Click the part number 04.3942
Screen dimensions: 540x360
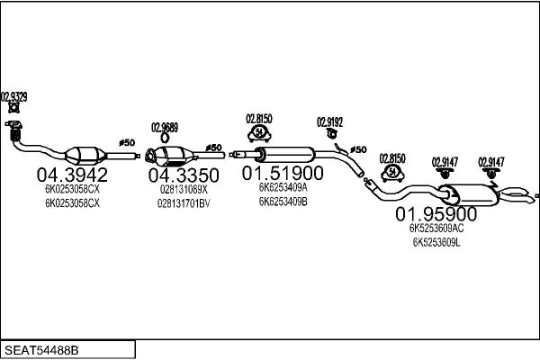pyautogui.click(x=72, y=175)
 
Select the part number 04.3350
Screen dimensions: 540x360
pyautogui.click(x=184, y=175)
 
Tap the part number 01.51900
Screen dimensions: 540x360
pyautogui.click(x=283, y=173)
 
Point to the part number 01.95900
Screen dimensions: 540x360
pyautogui.click(x=436, y=214)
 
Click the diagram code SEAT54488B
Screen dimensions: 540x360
pyautogui.click(x=41, y=350)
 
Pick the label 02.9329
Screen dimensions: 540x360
pyautogui.click(x=14, y=97)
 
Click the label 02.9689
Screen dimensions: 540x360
pyautogui.click(x=165, y=128)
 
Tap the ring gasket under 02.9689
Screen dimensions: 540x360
pyautogui.click(x=165, y=138)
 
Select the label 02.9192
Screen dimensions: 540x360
pyautogui.click(x=330, y=122)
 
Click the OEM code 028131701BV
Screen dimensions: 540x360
pyautogui.click(x=184, y=203)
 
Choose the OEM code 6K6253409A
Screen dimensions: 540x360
pyautogui.click(x=283, y=187)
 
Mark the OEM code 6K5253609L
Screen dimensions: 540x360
pyautogui.click(x=436, y=242)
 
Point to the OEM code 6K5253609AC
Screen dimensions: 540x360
pyautogui.click(x=436, y=228)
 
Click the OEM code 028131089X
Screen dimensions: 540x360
pyautogui.click(x=184, y=190)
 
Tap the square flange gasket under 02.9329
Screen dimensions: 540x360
pyautogui.click(x=14, y=108)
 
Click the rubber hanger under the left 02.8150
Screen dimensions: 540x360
pyautogui.click(x=259, y=134)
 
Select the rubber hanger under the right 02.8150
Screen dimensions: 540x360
pyautogui.click(x=392, y=173)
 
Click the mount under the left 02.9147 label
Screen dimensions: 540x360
pyautogui.click(x=445, y=174)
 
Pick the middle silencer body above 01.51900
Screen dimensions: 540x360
pyautogui.click(x=284, y=155)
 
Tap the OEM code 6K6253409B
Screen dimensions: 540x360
pyautogui.click(x=283, y=202)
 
